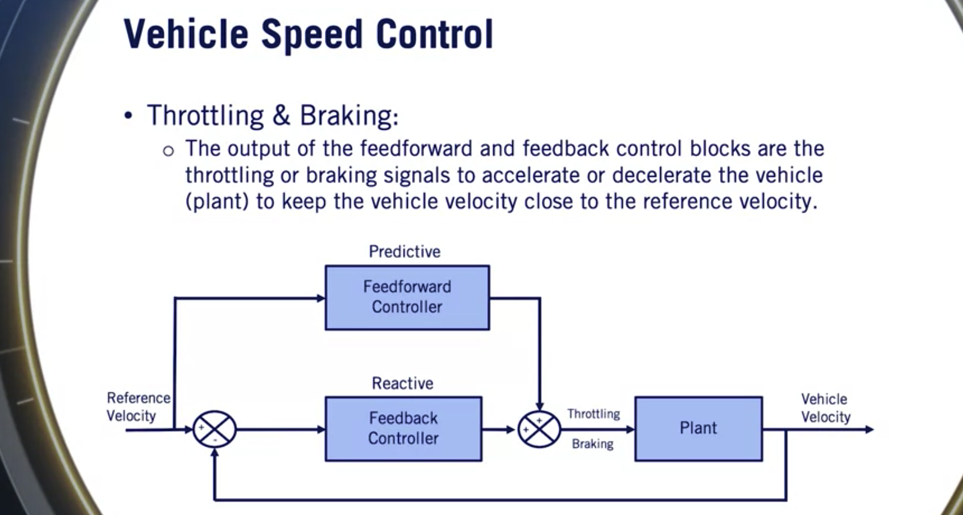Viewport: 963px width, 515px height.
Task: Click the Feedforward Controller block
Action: [x=407, y=297]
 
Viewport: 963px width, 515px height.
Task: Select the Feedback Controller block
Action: [x=403, y=429]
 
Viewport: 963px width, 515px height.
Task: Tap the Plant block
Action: [x=698, y=429]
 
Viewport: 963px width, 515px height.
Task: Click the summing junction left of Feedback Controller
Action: [x=215, y=429]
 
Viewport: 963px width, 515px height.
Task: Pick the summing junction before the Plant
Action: [x=539, y=429]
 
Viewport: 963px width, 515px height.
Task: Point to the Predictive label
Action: [x=405, y=252]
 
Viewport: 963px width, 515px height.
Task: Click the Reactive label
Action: [x=403, y=383]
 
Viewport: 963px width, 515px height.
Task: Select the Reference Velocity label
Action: [x=138, y=407]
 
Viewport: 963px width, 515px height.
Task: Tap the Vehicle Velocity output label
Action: [x=826, y=408]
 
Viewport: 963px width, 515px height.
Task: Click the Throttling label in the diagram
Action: [x=594, y=414]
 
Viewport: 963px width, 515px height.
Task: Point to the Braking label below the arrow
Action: [x=593, y=444]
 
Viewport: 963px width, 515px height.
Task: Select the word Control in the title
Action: [x=435, y=34]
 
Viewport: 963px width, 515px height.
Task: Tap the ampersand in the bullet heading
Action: [x=281, y=115]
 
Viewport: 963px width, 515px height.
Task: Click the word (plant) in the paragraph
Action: [x=217, y=202]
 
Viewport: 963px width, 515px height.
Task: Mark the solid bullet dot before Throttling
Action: [x=129, y=116]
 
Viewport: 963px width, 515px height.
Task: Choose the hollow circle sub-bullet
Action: [x=169, y=150]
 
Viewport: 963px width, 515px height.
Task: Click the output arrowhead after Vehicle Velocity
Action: [x=869, y=429]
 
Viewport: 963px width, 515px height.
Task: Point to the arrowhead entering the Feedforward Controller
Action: [x=321, y=298]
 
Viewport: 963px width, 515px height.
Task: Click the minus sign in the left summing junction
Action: [x=215, y=440]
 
